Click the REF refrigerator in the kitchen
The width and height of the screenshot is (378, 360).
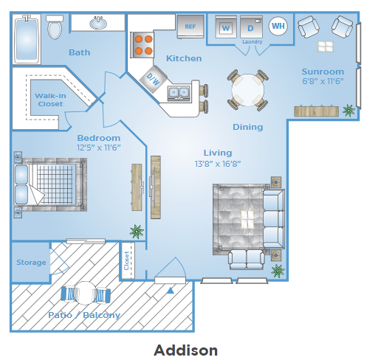coord(190,27)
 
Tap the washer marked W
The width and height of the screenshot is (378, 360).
coord(226,27)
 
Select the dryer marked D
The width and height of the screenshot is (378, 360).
coord(251,27)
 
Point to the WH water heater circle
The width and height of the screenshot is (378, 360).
coord(278,26)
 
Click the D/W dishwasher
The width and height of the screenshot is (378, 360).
coord(153,79)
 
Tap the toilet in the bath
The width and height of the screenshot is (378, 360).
coord(55,27)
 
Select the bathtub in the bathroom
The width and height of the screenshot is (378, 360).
coord(27,39)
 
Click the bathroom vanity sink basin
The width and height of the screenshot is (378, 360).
coord(98,23)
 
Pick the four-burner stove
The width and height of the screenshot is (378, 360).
coord(142,45)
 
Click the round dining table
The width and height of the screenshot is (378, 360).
coord(248,90)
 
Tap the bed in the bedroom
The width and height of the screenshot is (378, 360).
coord(50,184)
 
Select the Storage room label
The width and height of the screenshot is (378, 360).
coord(31,263)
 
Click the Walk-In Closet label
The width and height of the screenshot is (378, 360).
coord(50,100)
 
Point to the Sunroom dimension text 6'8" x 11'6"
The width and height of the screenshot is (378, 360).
coord(323,81)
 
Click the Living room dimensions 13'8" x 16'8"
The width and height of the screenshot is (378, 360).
coord(218,164)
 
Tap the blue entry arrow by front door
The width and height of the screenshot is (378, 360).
coord(171,291)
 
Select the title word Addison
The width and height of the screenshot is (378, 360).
coord(186,350)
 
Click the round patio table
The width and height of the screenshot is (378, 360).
coord(85,293)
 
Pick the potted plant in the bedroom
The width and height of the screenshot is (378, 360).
coord(137,232)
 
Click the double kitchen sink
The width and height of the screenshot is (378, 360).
coord(179,93)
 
